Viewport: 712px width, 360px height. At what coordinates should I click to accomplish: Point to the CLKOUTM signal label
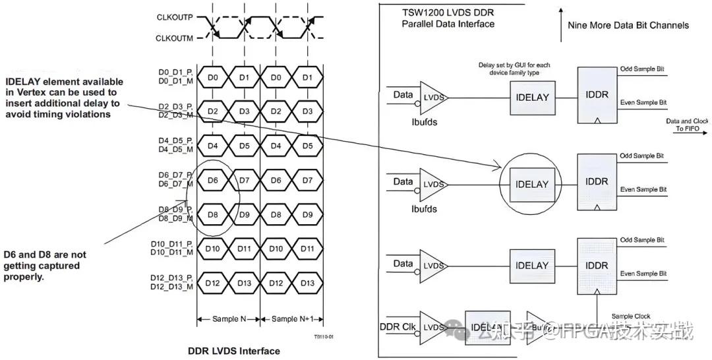[x=175, y=39]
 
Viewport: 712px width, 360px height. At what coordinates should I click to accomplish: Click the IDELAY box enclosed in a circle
[x=531, y=184]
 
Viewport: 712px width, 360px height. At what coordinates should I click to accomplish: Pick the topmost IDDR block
[x=596, y=94]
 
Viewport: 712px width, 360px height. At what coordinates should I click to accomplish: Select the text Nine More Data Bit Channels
[x=628, y=25]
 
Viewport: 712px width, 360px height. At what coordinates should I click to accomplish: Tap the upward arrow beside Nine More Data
[x=560, y=20]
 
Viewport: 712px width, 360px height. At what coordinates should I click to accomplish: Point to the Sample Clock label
[x=631, y=316]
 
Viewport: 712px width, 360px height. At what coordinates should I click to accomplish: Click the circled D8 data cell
[x=212, y=214]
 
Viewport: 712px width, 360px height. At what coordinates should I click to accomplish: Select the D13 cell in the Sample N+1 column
[x=307, y=283]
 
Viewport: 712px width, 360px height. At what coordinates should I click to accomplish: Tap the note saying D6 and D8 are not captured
[x=45, y=266]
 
